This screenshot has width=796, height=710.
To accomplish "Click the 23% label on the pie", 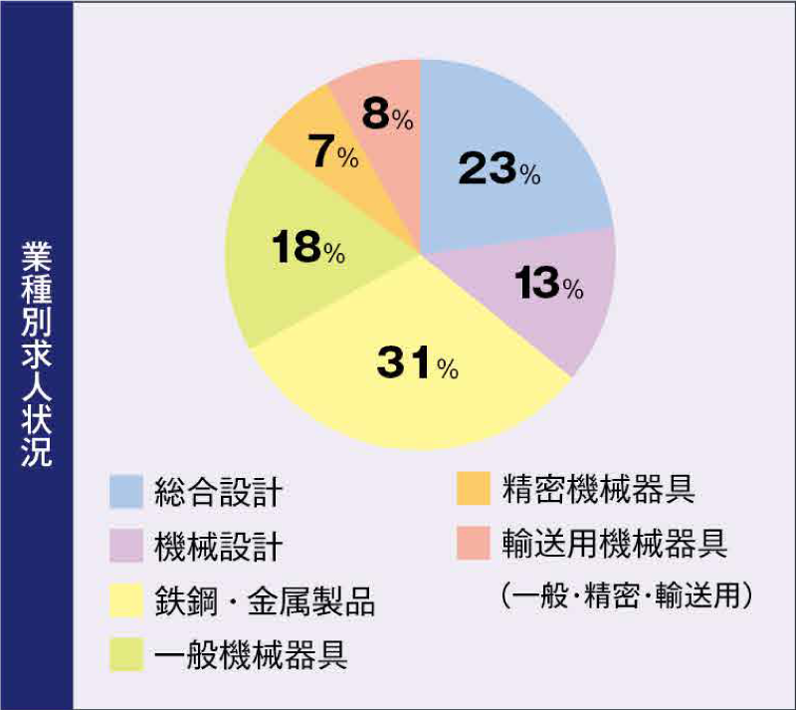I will [x=498, y=170].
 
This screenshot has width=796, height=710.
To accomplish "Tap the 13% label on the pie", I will [x=548, y=285].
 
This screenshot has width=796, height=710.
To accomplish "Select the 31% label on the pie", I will [x=417, y=362].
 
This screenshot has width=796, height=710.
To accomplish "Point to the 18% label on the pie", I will [x=302, y=249].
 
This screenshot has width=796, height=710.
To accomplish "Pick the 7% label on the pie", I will [x=333, y=154].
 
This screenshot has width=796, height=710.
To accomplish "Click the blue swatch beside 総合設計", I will [x=126, y=490].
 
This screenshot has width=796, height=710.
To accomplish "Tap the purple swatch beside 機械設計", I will [x=126, y=546].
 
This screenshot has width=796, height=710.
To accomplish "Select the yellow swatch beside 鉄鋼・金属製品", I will [x=126, y=601].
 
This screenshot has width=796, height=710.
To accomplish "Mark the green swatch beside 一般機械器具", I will [x=126, y=656].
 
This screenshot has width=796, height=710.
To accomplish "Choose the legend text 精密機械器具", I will [x=598, y=489].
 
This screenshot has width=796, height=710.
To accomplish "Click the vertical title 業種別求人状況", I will [x=37, y=355].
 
